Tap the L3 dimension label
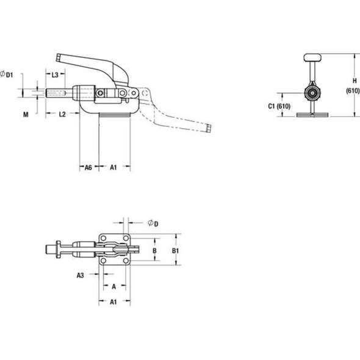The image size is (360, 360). (x=54, y=74)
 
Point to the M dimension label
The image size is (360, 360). (x=26, y=114)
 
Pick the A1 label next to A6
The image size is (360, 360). (x=113, y=167)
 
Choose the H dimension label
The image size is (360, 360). (x=353, y=79)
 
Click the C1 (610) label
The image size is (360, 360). (x=280, y=107)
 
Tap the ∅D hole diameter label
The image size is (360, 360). (x=153, y=224)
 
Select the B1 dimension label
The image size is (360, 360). (x=174, y=250)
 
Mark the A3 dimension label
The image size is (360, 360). (x=81, y=275)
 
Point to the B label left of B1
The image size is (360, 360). (x=154, y=250)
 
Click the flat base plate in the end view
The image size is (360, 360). (x=312, y=114)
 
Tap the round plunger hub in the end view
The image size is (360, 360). (x=312, y=94)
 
